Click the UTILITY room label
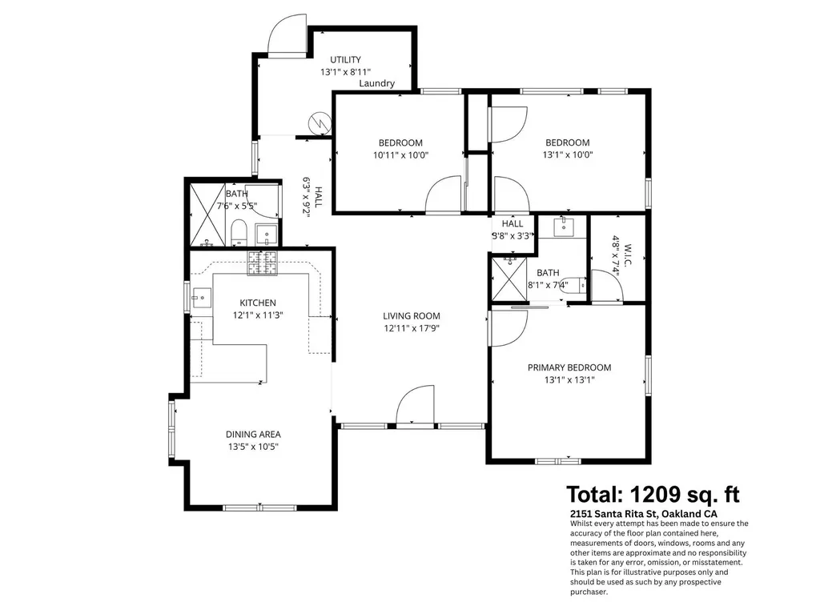pyautogui.click(x=345, y=59)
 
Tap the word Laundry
pyautogui.click(x=376, y=83)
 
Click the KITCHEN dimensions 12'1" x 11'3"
pyautogui.click(x=258, y=315)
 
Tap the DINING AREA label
pyautogui.click(x=252, y=434)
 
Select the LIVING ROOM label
pyautogui.click(x=411, y=315)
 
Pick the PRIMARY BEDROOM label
pyautogui.click(x=569, y=367)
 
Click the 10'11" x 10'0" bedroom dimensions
pyautogui.click(x=401, y=155)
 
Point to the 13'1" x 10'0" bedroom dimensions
pyautogui.click(x=567, y=155)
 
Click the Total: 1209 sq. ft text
pyautogui.click(x=653, y=493)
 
